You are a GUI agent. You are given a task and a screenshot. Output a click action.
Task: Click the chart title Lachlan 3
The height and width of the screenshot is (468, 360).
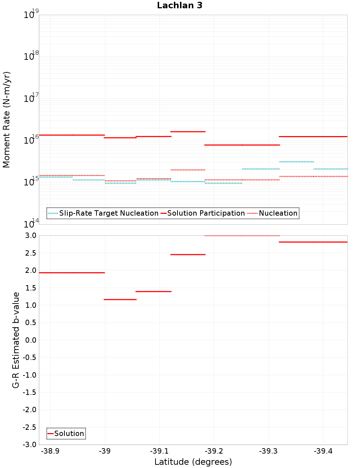[x=180, y=5]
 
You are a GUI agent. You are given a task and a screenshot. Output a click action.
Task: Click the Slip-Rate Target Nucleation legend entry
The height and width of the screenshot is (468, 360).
[x=108, y=213]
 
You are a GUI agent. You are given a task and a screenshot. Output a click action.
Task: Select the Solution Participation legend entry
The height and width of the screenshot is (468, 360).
[x=206, y=213]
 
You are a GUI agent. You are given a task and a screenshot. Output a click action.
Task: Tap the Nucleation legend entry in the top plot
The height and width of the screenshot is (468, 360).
[x=278, y=213]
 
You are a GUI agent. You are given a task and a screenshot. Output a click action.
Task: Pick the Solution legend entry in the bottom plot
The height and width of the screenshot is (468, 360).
[x=69, y=433]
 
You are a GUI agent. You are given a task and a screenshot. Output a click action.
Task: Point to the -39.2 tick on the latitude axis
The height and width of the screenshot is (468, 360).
[x=214, y=451]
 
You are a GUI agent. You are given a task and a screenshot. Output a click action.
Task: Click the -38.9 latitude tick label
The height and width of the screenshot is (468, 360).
[x=50, y=451]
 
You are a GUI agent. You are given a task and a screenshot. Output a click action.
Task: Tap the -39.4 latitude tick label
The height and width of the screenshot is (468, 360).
[x=323, y=451]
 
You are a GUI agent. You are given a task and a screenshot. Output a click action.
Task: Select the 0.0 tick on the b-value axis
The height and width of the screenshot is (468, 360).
[x=31, y=340]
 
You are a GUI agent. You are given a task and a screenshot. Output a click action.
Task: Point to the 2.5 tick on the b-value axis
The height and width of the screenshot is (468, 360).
[x=31, y=253]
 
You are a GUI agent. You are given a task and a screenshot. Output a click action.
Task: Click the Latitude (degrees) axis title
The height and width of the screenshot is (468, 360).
[x=193, y=462]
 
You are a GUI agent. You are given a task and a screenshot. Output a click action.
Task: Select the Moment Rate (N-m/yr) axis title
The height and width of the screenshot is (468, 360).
[x=6, y=120]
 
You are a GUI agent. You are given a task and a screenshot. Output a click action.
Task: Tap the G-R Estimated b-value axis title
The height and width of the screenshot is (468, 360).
[x=16, y=340]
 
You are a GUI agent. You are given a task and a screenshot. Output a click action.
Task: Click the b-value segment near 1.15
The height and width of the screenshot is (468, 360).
[x=120, y=300]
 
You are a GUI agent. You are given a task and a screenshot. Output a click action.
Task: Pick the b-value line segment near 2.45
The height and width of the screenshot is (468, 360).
[x=188, y=255]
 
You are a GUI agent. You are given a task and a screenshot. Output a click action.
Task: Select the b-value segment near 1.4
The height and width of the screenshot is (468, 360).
[x=153, y=291]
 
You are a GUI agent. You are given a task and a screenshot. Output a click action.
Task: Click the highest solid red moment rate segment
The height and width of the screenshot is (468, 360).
[x=188, y=132]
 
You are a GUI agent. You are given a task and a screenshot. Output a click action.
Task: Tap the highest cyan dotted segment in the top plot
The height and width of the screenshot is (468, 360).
[x=296, y=162]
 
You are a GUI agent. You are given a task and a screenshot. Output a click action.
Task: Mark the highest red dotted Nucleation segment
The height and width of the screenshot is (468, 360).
[x=188, y=170]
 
